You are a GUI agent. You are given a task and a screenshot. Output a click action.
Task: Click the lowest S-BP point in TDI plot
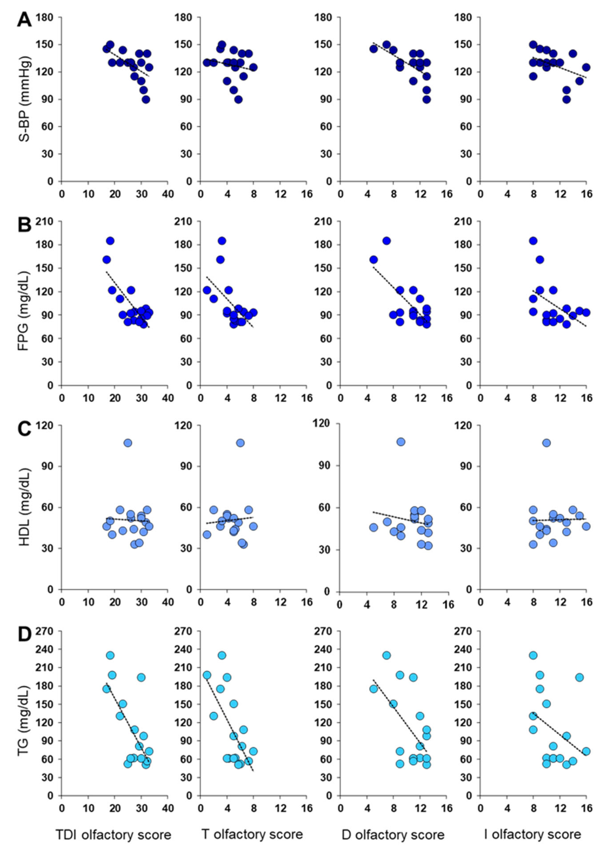coord(146,99)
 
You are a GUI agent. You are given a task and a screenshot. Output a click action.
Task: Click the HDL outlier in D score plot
coord(401,442)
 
